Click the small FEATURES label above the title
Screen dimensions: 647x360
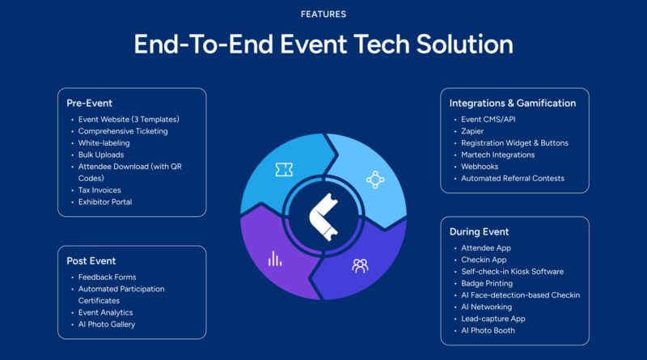click(x=323, y=15)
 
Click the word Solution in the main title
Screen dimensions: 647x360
click(x=464, y=44)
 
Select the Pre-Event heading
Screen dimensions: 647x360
click(x=89, y=104)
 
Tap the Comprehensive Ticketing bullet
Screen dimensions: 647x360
click(x=123, y=131)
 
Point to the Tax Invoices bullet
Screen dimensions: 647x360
click(x=99, y=190)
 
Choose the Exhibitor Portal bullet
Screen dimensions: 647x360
click(x=105, y=202)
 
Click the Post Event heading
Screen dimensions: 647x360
click(x=91, y=261)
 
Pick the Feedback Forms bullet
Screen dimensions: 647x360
click(x=107, y=277)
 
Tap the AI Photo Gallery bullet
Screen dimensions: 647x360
click(x=107, y=324)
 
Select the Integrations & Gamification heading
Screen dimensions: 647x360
click(x=513, y=104)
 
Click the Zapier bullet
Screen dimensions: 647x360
click(x=472, y=131)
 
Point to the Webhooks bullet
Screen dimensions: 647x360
click(x=480, y=167)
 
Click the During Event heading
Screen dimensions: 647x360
click(x=479, y=232)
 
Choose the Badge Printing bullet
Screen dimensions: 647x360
click(x=487, y=283)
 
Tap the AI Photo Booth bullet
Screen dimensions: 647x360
click(x=488, y=330)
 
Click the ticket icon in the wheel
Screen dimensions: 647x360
click(x=284, y=169)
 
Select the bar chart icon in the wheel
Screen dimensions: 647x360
click(x=275, y=258)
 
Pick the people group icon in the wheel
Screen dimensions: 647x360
click(x=360, y=266)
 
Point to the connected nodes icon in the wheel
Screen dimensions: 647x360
click(x=375, y=180)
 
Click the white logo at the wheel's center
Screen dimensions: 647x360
click(x=324, y=217)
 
